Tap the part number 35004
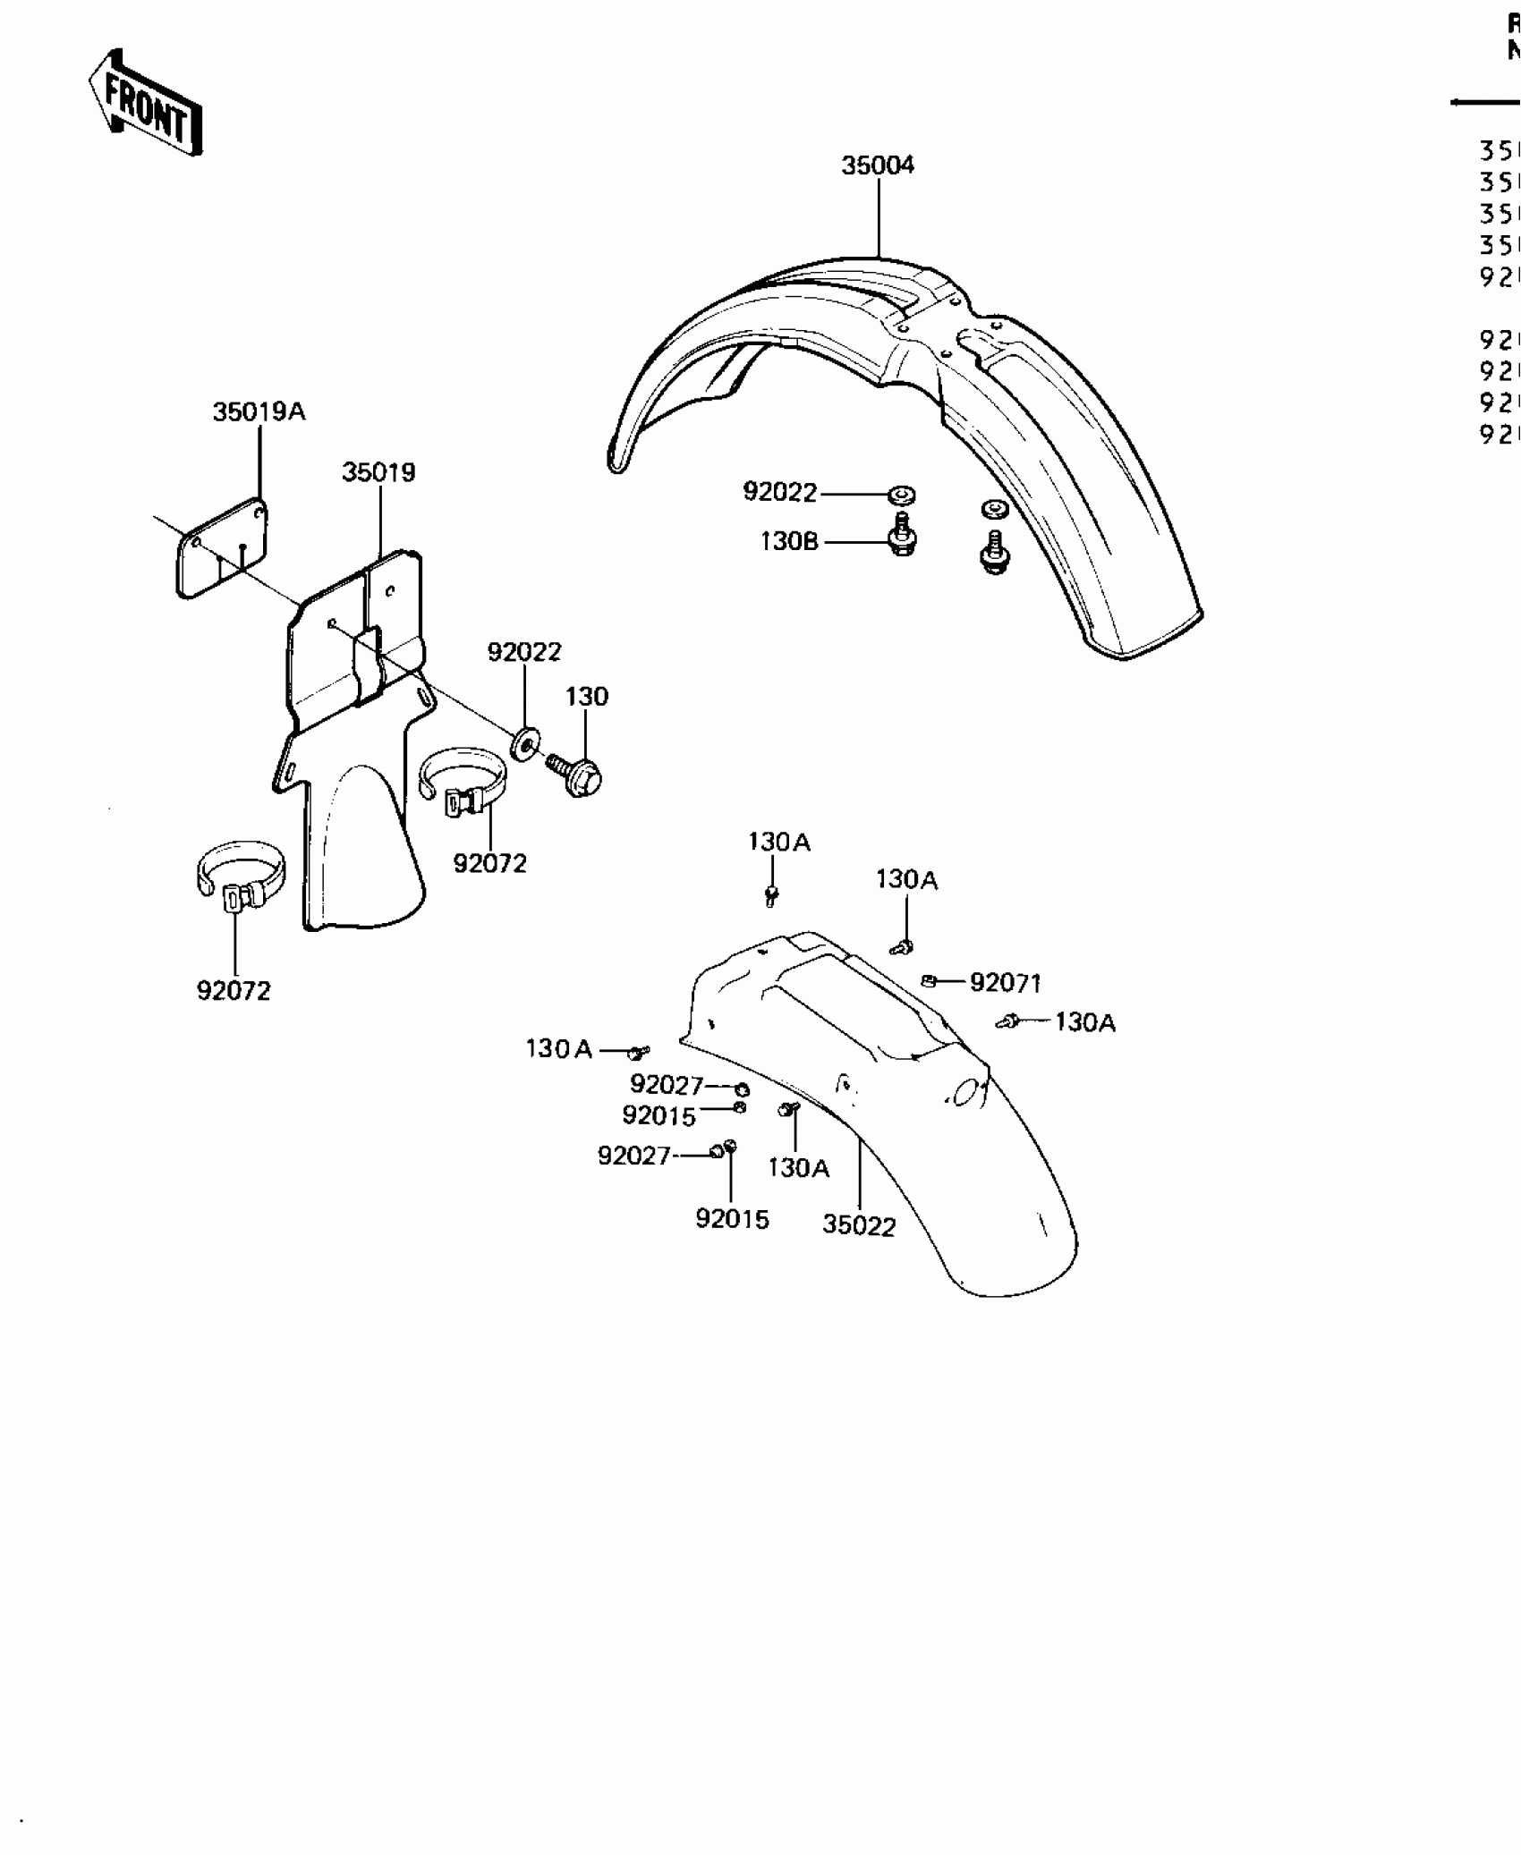click(x=877, y=165)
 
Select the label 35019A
click(x=259, y=411)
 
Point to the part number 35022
click(x=859, y=1225)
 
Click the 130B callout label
click(x=789, y=541)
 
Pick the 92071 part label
click(x=1006, y=983)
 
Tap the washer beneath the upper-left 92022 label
click(x=525, y=742)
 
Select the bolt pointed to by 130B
click(x=902, y=538)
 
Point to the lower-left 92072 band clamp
click(x=239, y=877)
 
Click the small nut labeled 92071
click(x=929, y=981)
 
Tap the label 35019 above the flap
click(x=378, y=472)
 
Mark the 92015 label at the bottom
click(x=732, y=1219)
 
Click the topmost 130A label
click(x=778, y=842)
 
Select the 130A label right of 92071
click(x=1084, y=1021)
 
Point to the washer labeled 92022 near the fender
click(x=902, y=494)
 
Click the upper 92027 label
click(x=667, y=1085)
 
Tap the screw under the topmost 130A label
click(x=772, y=894)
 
